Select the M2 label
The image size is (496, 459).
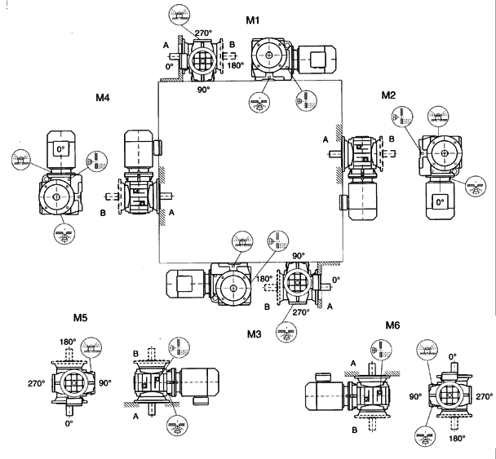(x=388, y=95)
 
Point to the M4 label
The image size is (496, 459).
(x=102, y=99)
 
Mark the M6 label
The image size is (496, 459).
(x=394, y=324)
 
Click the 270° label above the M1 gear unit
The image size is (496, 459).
(x=203, y=33)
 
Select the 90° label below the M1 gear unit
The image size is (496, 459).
(x=203, y=90)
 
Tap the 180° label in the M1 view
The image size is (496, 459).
(x=236, y=65)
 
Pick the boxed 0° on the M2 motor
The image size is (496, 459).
(x=441, y=201)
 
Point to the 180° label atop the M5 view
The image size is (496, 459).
(x=67, y=342)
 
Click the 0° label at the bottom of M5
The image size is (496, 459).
(x=69, y=424)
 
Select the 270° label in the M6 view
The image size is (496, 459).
(x=484, y=397)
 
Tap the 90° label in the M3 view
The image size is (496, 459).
(x=298, y=255)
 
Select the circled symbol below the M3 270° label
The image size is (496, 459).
(x=285, y=332)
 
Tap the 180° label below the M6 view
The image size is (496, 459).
(x=457, y=438)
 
